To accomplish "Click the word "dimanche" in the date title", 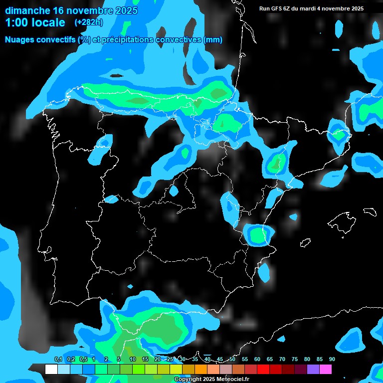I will coord(27,10).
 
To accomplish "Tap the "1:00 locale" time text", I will coord(35,22).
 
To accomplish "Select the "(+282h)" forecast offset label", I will coord(88,22).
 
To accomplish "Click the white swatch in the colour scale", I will coord(51,370).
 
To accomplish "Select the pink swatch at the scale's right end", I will coord(326,370).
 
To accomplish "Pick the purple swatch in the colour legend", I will coord(313,370).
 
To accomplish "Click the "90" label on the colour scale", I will coord(332,360).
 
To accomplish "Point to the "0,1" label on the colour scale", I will coord(58,360).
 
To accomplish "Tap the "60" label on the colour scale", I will coord(257,360).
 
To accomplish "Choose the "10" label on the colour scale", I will coord(132,360).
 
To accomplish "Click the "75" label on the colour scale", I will coord(295,360).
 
